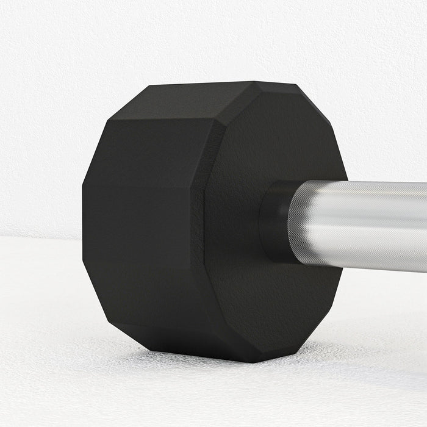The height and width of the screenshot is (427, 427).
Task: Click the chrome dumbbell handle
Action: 366,223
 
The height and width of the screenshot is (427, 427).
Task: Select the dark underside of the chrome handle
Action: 366,259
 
